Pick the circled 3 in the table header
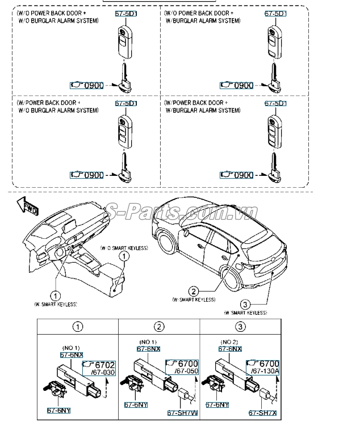(241, 326)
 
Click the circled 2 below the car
(194, 290)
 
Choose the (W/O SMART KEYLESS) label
(124, 248)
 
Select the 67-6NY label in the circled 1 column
(58, 410)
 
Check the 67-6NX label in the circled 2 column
(148, 349)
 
